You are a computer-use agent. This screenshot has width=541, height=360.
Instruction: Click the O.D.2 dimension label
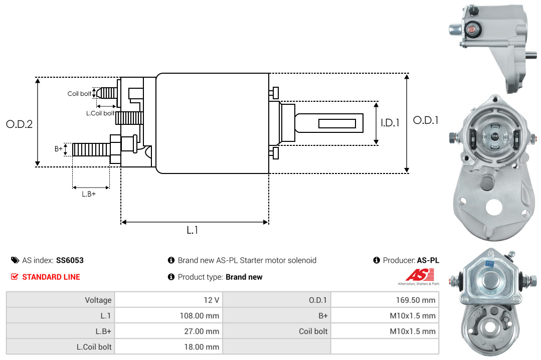pos(20,124)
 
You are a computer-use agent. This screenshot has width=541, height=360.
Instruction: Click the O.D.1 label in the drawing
pos(426,120)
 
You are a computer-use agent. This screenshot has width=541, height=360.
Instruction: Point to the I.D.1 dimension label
pos(390,122)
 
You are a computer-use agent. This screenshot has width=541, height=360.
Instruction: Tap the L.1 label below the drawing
pos(192,230)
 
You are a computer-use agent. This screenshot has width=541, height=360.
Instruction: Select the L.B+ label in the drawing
pos(89,194)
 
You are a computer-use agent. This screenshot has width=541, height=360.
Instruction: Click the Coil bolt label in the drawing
pos(79,94)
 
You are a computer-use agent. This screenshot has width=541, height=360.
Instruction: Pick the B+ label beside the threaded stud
pos(59,149)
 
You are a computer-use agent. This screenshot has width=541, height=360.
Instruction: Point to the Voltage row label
pos(98,300)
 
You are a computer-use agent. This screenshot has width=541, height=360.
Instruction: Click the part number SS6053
pos(70,260)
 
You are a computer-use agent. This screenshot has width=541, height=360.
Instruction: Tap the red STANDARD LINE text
pos(51,277)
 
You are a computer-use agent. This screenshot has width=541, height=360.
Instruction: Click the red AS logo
pos(420,275)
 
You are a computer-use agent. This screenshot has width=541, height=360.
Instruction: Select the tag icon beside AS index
pos(15,260)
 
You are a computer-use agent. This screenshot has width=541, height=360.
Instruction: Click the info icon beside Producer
pos(377,260)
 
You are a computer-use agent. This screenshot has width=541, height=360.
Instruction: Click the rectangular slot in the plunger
pos(337,123)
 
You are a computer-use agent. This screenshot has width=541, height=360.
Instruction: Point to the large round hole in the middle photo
pos(493,207)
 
